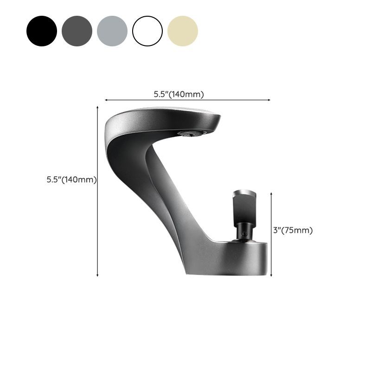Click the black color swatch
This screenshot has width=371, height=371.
(x=42, y=31)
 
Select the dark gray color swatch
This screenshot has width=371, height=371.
(x=77, y=31)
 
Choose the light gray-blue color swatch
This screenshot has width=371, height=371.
(x=112, y=31)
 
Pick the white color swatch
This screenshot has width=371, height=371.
(x=147, y=31)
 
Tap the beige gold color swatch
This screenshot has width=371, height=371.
(x=183, y=31)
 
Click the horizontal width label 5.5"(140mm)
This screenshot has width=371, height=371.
(x=179, y=94)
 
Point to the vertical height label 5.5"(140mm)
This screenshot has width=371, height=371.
(x=71, y=179)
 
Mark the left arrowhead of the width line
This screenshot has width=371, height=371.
(x=106, y=100)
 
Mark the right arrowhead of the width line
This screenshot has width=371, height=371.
(x=269, y=100)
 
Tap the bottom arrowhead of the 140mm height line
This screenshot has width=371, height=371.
(x=97, y=275)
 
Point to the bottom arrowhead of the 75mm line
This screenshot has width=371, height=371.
(x=271, y=275)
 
